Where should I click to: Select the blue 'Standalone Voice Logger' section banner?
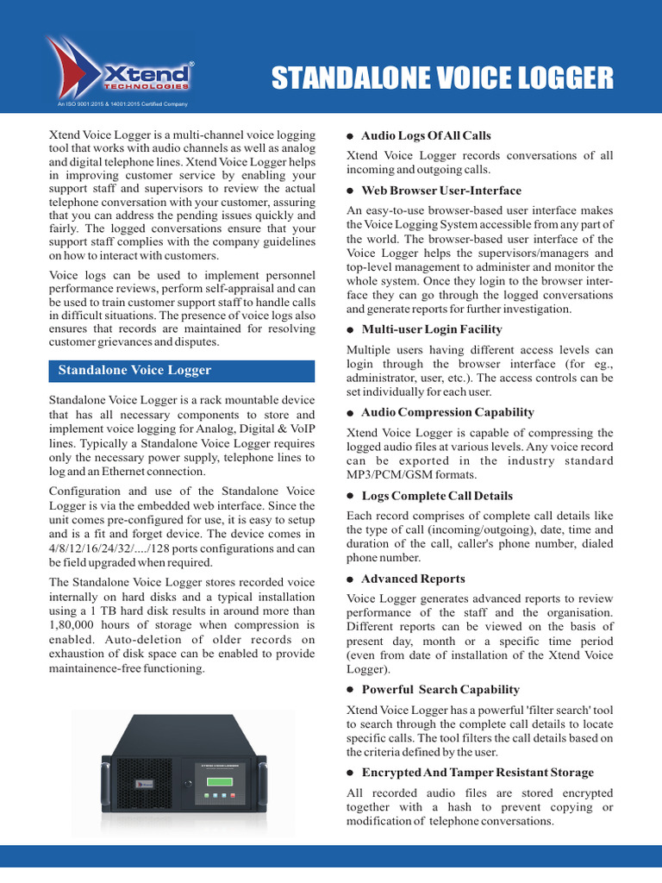coord(181,370)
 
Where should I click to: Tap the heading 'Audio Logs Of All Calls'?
coord(426,135)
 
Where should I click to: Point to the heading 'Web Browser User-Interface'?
coord(441,191)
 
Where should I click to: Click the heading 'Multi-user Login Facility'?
coord(432,329)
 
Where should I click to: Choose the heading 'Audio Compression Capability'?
coord(447,412)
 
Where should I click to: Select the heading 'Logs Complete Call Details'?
coord(437,496)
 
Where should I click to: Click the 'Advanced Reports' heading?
coord(413,579)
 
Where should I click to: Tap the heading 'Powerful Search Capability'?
coord(440,690)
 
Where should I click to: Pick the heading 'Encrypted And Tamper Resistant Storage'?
coord(478,773)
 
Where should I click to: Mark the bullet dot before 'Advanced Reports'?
coord(351,579)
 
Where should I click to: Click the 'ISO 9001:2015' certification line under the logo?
coord(122,104)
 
